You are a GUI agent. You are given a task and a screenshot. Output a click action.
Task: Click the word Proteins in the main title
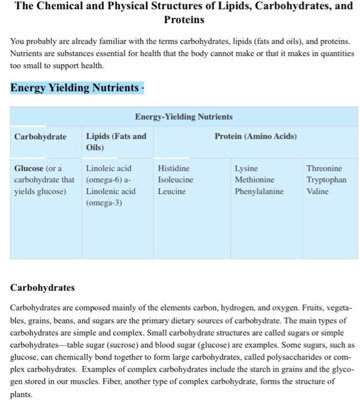[184, 20]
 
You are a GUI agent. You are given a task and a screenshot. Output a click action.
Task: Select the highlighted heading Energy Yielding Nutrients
[75, 88]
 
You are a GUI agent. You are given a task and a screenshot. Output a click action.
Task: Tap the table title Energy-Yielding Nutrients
[184, 117]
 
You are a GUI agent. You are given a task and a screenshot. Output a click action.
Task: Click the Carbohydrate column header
[40, 137]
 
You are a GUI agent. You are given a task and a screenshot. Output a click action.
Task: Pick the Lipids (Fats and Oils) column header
[116, 142]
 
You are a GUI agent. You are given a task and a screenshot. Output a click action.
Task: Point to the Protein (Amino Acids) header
[255, 137]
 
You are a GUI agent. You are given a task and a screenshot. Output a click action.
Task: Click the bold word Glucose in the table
[29, 169]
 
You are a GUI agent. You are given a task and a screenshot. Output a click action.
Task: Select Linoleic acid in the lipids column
[109, 169]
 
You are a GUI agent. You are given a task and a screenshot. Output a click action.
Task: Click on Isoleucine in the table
[175, 180]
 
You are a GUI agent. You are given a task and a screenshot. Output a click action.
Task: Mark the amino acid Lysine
[246, 169]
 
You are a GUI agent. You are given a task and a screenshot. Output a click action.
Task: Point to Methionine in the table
[254, 180]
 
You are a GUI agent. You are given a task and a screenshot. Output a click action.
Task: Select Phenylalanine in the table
[259, 192]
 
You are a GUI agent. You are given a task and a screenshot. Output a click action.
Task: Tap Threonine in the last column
[324, 169]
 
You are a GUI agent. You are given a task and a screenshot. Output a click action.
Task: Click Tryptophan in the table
[326, 180]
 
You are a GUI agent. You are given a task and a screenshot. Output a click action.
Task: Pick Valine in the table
[317, 192]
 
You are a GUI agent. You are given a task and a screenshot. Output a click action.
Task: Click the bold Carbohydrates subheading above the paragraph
[43, 287]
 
